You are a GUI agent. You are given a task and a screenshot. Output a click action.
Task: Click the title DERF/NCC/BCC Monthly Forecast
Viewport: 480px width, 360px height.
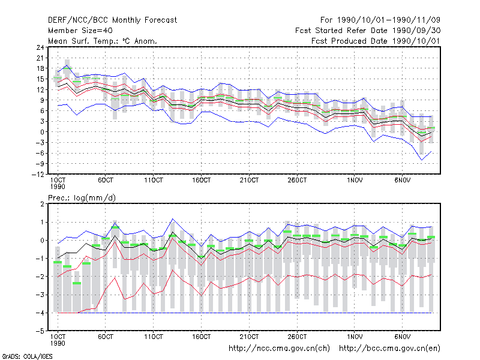pyautogui.click(x=112, y=20)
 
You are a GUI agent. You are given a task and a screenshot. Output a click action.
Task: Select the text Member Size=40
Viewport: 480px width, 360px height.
pyautogui.click(x=80, y=31)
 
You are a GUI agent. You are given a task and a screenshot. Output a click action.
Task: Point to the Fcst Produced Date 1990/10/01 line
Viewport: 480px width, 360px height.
pyautogui.click(x=376, y=41)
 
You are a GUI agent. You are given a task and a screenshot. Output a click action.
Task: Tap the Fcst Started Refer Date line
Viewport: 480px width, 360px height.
pyautogui.click(x=368, y=31)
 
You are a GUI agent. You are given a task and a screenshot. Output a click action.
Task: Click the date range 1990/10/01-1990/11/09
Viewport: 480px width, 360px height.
pyautogui.click(x=388, y=20)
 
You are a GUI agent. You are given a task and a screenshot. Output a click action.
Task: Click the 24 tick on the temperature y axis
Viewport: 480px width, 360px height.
pyautogui.click(x=40, y=47)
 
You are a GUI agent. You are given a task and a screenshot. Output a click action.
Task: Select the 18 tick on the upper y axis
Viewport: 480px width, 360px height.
pyautogui.click(x=40, y=68)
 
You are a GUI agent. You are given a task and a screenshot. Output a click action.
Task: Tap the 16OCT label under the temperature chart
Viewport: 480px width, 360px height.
pyautogui.click(x=202, y=181)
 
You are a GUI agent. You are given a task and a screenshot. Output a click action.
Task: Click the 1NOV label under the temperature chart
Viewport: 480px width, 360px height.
pyautogui.click(x=355, y=181)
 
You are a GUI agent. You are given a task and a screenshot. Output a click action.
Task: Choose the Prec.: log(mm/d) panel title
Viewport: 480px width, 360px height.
pyautogui.click(x=82, y=198)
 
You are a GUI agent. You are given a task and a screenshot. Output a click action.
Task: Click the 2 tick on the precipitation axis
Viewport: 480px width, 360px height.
pyautogui.click(x=42, y=204)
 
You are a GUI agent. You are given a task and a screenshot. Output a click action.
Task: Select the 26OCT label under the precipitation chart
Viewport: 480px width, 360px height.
pyautogui.click(x=297, y=337)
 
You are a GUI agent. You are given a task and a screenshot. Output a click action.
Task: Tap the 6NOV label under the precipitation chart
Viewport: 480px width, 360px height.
pyautogui.click(x=402, y=337)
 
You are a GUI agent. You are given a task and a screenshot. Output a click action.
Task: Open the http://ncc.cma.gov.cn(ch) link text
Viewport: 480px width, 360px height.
pyautogui.click(x=279, y=349)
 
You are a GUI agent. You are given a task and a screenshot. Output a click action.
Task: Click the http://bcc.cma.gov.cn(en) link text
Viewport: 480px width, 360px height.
pyautogui.click(x=389, y=349)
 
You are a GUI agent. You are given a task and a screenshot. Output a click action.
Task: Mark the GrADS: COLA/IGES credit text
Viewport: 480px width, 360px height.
pyautogui.click(x=27, y=356)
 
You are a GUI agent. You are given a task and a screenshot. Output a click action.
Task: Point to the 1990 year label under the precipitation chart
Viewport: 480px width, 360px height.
pyautogui.click(x=58, y=343)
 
